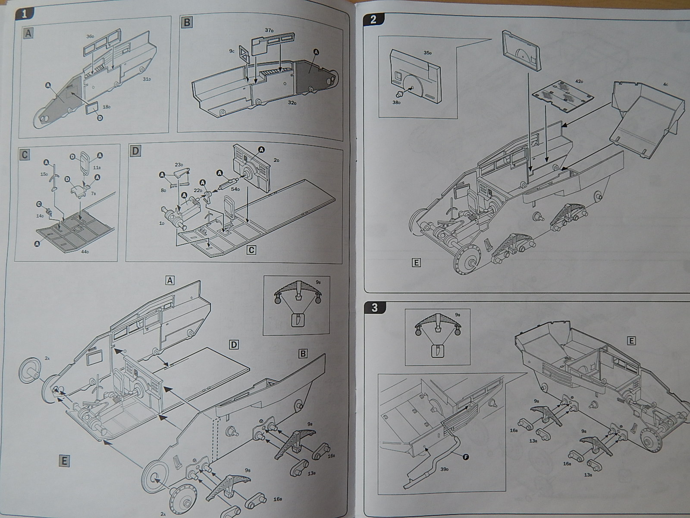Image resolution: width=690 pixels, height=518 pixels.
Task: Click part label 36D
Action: [x=90, y=37]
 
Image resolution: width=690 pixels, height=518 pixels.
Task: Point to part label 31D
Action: [x=147, y=79]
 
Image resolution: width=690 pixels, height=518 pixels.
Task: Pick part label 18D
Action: [x=107, y=107]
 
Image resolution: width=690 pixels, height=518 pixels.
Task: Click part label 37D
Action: [x=270, y=31]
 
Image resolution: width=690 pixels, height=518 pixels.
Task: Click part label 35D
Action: [x=427, y=53]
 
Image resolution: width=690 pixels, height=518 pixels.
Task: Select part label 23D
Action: [x=179, y=165]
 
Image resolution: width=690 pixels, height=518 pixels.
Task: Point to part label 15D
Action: [x=44, y=174]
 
